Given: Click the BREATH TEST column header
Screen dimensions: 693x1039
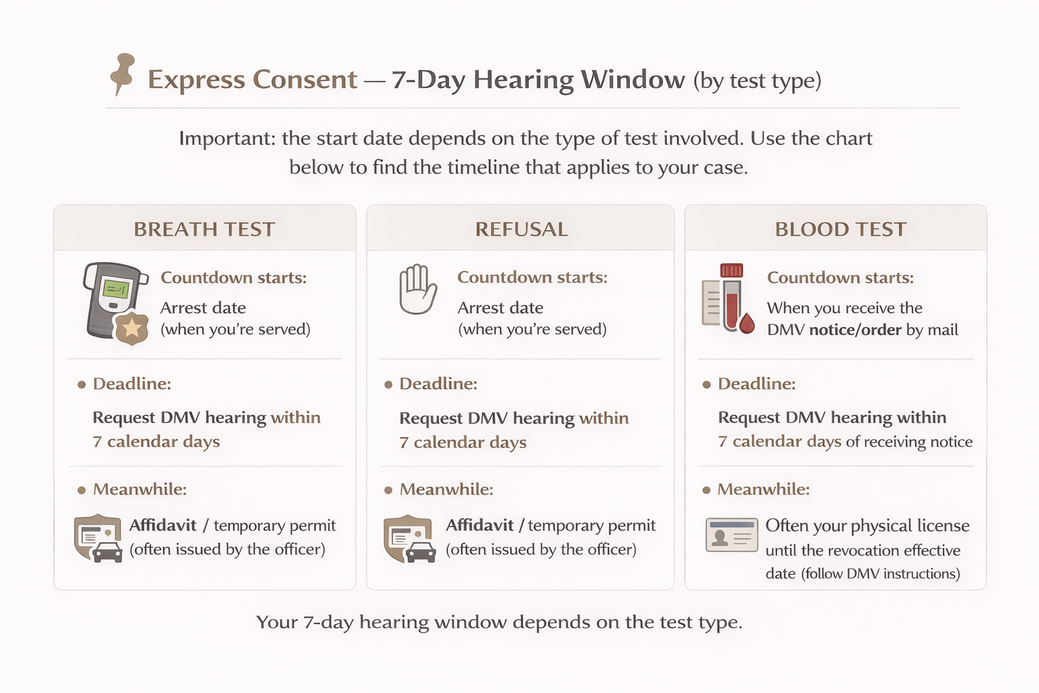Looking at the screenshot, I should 204,229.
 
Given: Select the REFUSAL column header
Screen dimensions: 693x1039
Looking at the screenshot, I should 521,229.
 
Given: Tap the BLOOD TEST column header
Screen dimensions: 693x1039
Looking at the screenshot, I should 840,229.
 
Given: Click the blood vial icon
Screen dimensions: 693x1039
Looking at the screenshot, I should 731,296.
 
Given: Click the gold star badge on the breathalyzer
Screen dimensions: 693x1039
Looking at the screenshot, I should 132,329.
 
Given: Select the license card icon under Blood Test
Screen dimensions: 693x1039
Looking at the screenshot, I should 731,535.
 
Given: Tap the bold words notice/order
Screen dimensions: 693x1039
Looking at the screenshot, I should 855,330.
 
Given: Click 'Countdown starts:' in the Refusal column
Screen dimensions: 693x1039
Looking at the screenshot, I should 532,277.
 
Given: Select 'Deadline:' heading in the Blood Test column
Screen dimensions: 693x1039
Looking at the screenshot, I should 756,384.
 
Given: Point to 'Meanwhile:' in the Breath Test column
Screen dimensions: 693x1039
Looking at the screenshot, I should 139,489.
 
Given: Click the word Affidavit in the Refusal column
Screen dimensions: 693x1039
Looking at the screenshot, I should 480,525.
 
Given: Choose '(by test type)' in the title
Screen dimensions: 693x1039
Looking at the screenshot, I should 757,81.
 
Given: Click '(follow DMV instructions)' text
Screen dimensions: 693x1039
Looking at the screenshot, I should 881,574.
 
